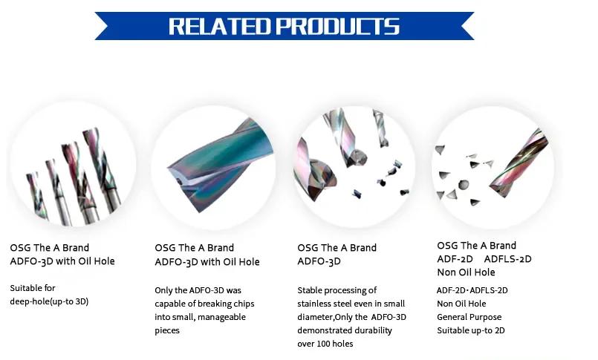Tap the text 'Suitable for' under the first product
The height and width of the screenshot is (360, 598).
(33, 288)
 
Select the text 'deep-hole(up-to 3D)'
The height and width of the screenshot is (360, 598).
(49, 301)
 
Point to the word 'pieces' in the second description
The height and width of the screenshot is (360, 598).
(167, 330)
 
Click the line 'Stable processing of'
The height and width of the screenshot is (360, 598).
(337, 290)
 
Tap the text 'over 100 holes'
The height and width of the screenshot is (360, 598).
(325, 344)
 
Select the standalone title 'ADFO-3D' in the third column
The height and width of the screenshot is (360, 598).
(319, 261)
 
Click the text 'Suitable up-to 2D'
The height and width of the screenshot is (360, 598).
(471, 330)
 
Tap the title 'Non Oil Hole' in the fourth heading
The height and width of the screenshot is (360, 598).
(466, 272)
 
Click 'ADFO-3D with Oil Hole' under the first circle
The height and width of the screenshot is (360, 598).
(62, 261)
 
